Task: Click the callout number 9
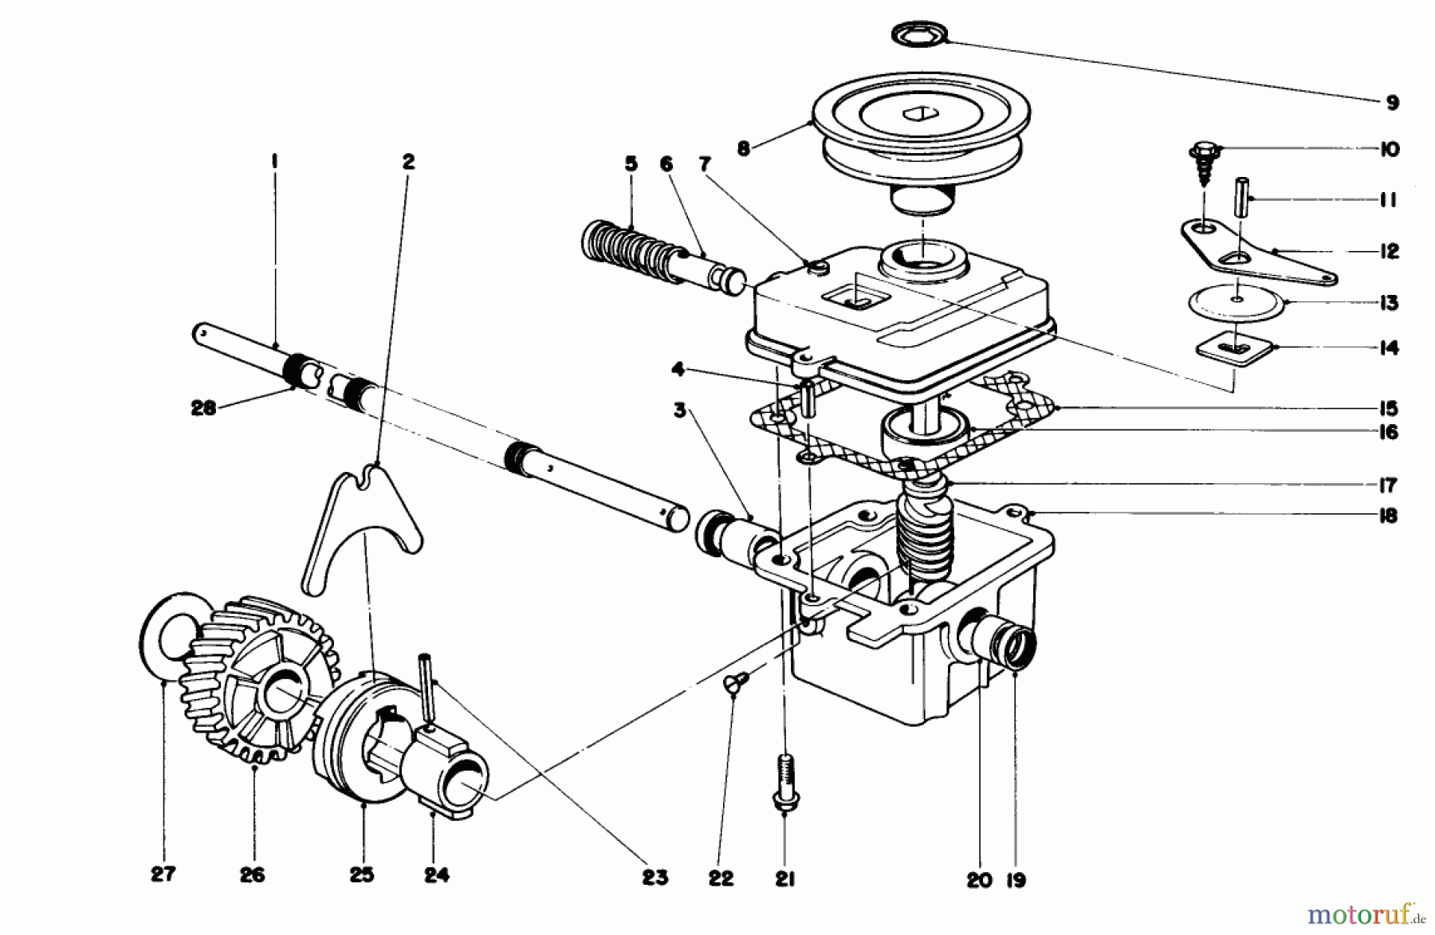tap(1391, 103)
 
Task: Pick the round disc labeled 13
tap(1236, 302)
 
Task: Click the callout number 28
tap(203, 409)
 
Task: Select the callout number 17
tap(1388, 485)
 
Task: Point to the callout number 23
tap(655, 878)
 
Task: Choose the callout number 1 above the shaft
tap(274, 162)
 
